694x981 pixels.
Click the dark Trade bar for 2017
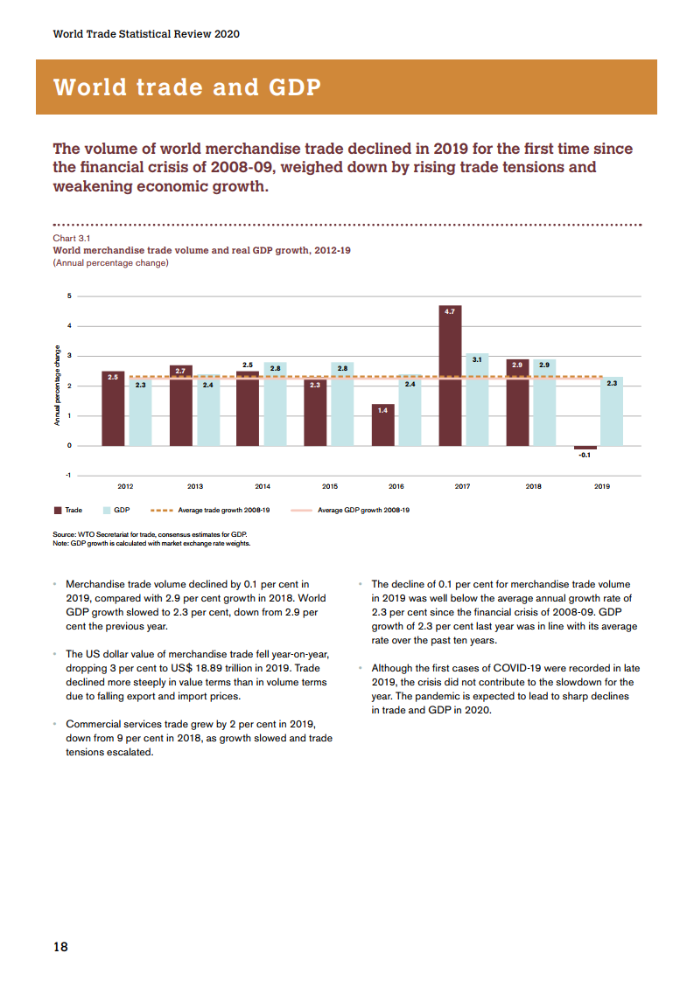pyautogui.click(x=451, y=376)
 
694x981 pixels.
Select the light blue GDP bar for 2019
pyautogui.click(x=612, y=411)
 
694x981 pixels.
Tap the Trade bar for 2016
pyautogui.click(x=383, y=425)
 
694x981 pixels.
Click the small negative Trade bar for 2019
pyautogui.click(x=585, y=448)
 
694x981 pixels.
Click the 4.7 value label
pyautogui.click(x=451, y=310)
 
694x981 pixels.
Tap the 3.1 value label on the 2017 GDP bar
pyautogui.click(x=477, y=358)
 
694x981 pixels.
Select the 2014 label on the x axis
pyautogui.click(x=262, y=486)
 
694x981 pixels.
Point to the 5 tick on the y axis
pyautogui.click(x=70, y=296)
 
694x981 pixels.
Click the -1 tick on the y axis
pyautogui.click(x=69, y=475)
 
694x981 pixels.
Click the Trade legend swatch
pyautogui.click(x=58, y=510)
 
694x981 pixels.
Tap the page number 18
pyautogui.click(x=60, y=946)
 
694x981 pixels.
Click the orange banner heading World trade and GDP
pyautogui.click(x=186, y=87)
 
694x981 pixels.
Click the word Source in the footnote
pyautogui.click(x=64, y=534)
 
